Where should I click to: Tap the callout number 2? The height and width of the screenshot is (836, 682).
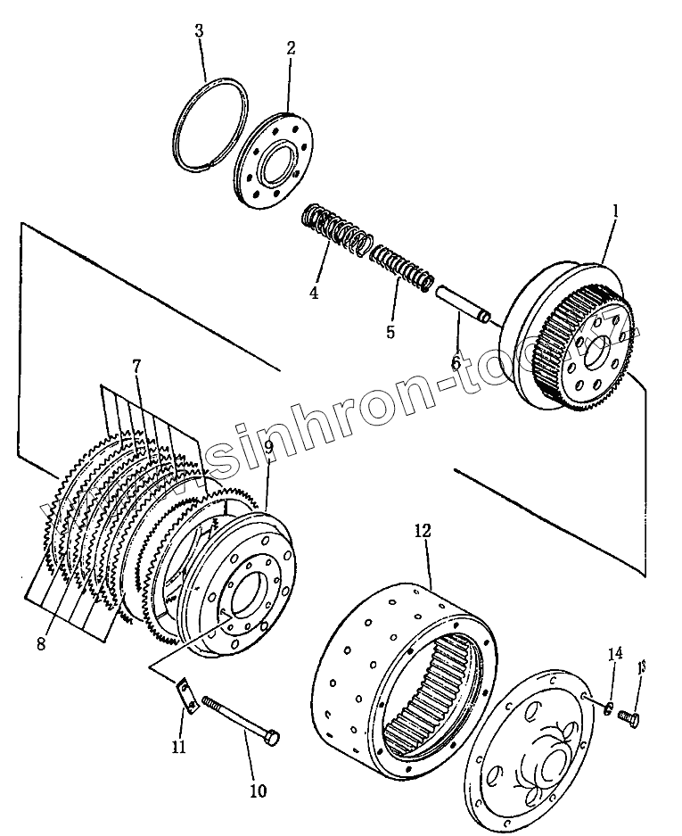click(291, 48)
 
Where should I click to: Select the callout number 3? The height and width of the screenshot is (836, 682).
click(200, 31)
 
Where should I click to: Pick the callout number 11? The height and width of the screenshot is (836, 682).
click(179, 746)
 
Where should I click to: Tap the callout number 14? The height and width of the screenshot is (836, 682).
click(613, 655)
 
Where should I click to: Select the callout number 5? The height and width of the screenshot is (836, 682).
click(390, 332)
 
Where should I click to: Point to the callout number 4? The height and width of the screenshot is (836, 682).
click(314, 292)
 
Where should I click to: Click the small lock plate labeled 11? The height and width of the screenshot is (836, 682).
click(187, 695)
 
